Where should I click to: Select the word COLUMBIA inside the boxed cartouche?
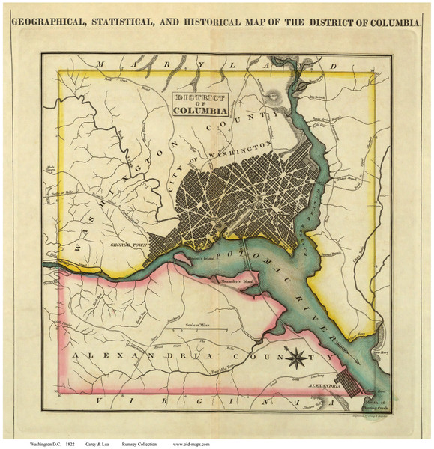click(x=199, y=112)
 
